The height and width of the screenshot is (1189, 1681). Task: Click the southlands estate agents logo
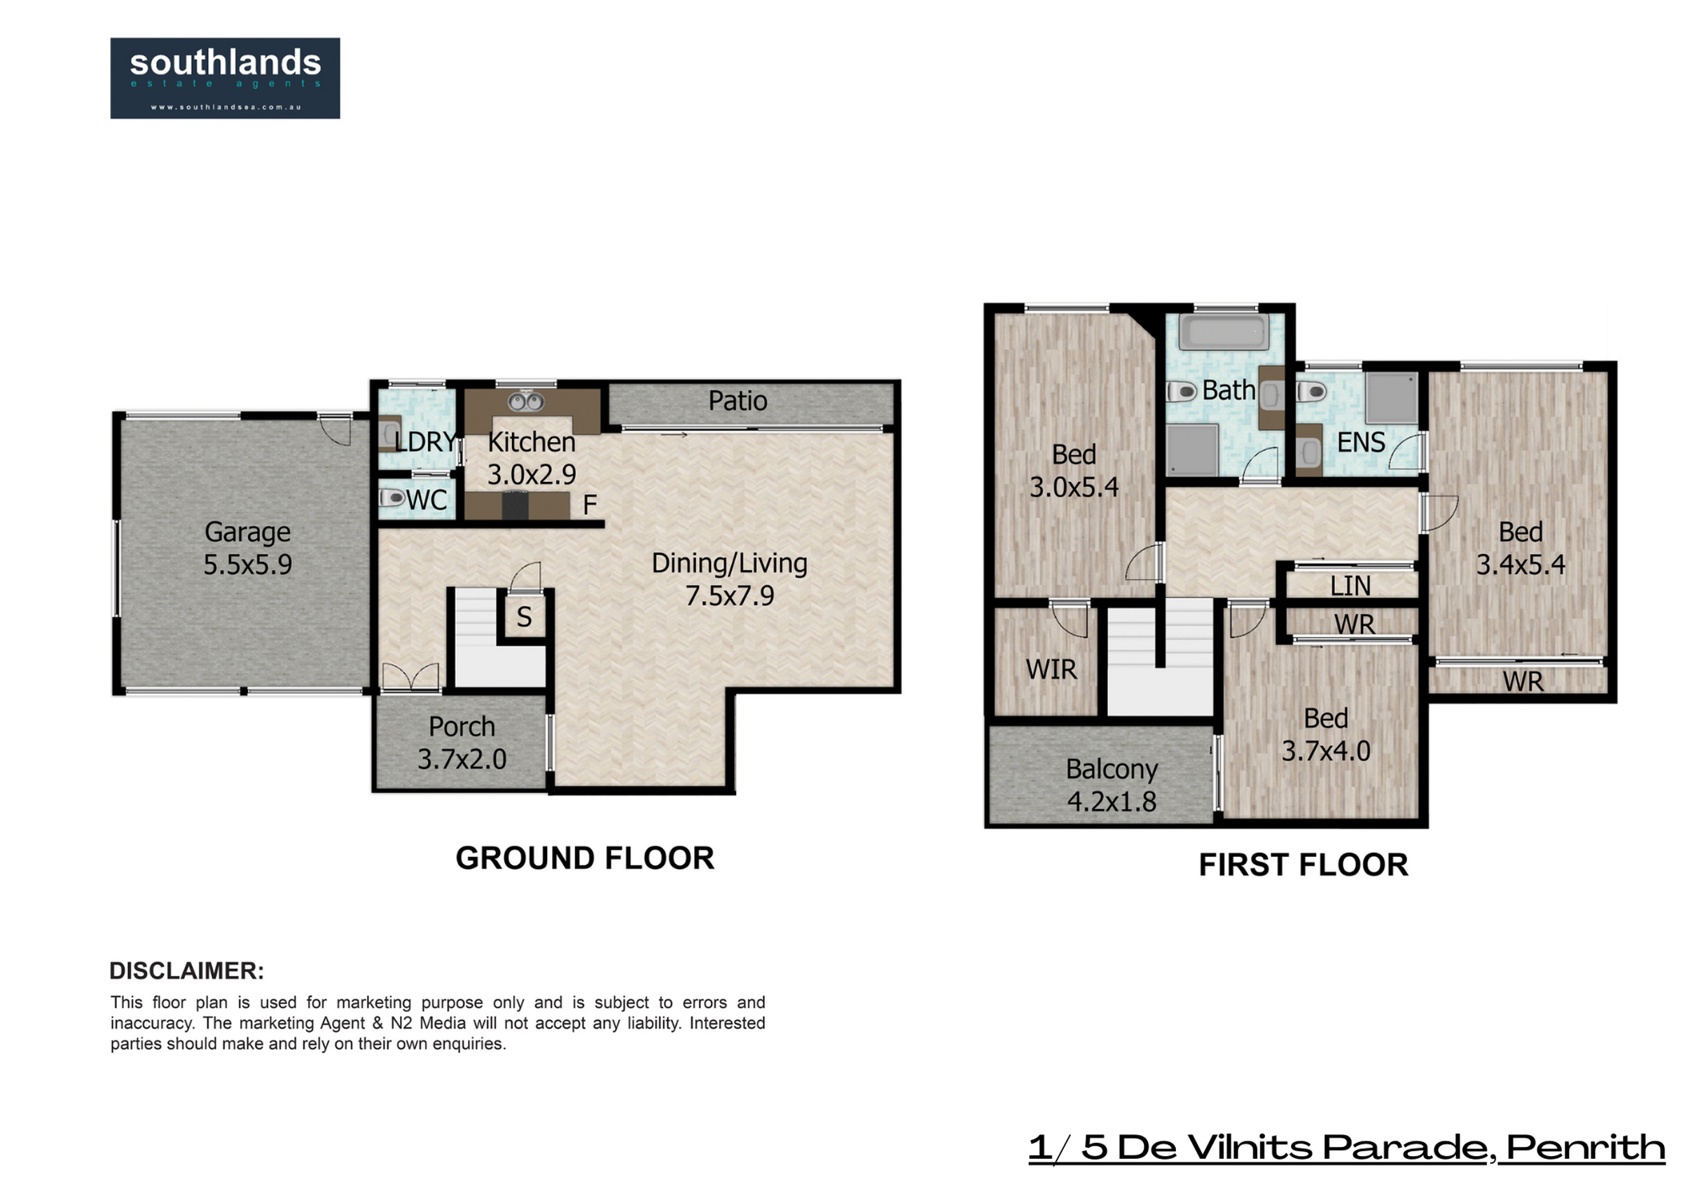[225, 78]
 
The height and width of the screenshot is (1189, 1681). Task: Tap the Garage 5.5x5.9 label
[247, 548]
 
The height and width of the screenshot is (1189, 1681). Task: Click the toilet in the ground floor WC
[392, 498]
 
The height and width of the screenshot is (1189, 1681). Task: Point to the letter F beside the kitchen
[589, 504]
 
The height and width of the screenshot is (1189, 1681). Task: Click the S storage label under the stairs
[524, 617]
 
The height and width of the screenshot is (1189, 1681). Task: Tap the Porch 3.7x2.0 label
[462, 743]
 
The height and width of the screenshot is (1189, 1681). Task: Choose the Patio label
[738, 401]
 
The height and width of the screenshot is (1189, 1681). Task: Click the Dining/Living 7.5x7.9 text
[730, 579]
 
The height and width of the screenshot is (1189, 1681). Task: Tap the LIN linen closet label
[1351, 586]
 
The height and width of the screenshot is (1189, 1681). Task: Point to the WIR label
[1051, 670]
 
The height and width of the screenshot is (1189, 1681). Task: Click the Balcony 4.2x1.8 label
[1112, 785]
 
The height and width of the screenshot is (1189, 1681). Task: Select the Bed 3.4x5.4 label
[1521, 548]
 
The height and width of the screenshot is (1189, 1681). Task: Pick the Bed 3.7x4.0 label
[1326, 734]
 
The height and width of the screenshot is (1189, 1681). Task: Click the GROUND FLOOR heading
[585, 858]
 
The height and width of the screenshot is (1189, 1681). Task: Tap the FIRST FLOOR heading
[1303, 865]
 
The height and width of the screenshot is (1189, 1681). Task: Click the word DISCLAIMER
[187, 970]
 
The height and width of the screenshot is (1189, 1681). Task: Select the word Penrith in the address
[1586, 1148]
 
